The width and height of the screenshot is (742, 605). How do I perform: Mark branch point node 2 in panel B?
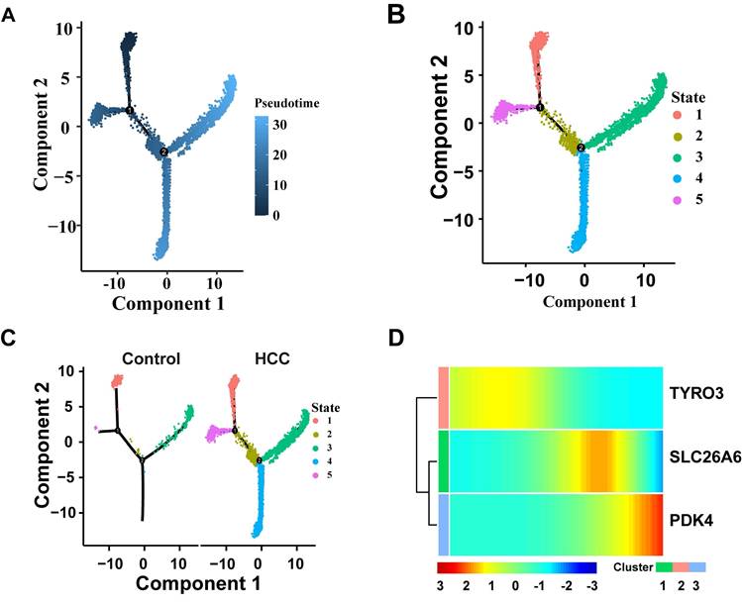pos(582,148)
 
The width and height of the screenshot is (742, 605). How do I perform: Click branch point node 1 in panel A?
pos(129,110)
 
